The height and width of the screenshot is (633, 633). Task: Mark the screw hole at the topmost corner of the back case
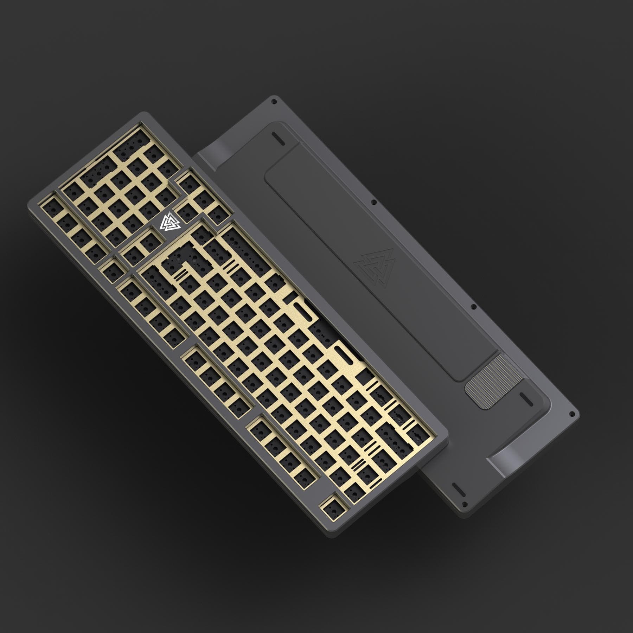click(273, 101)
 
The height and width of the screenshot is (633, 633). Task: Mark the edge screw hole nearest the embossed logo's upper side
click(374, 202)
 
